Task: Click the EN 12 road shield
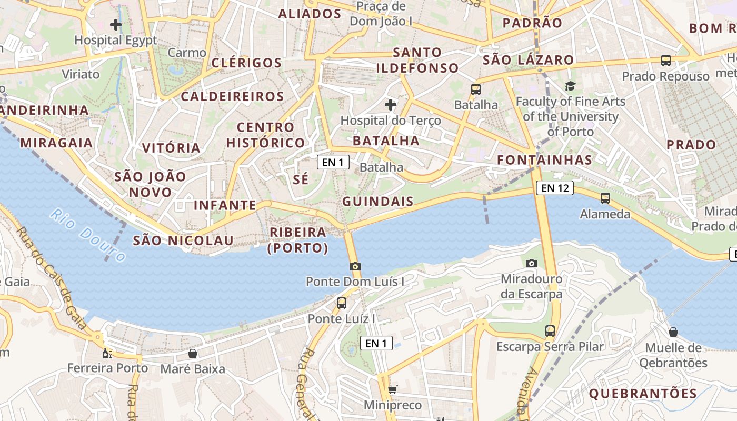(555, 188)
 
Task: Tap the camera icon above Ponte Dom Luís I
(355, 266)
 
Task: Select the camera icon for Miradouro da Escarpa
(532, 263)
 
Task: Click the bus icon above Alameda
(605, 198)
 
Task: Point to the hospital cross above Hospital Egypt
(116, 24)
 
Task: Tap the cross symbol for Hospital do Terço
(390, 105)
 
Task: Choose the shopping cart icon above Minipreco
(392, 390)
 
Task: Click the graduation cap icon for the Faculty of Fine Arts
(571, 86)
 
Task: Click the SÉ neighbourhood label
(301, 179)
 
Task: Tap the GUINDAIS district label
(378, 202)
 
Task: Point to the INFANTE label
(225, 205)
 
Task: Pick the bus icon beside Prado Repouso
(666, 61)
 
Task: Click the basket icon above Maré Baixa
(193, 354)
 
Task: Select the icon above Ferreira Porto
(107, 353)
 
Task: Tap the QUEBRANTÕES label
(643, 393)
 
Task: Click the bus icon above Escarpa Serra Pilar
(550, 331)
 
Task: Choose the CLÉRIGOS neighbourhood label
(246, 63)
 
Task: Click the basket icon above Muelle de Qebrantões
(673, 332)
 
